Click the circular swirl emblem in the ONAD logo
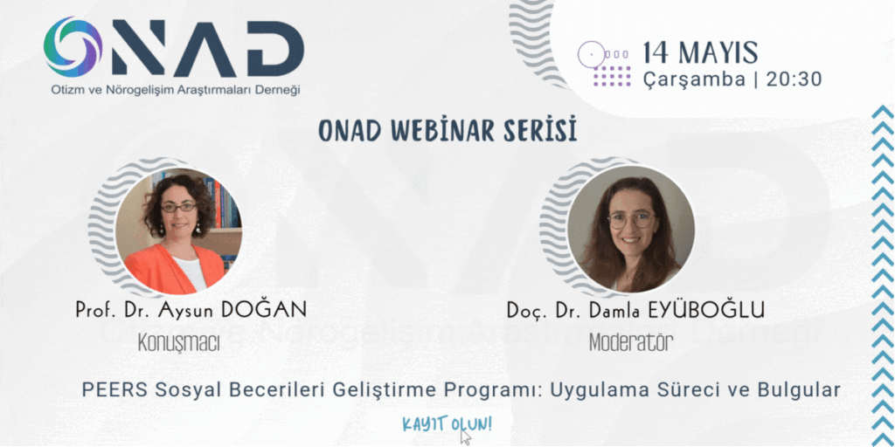coord(73,47)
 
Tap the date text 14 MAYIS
coord(700,53)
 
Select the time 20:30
coord(794,79)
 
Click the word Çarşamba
coord(694,80)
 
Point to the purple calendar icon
coord(604,63)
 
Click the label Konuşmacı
coord(178,342)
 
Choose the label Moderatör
coord(631,342)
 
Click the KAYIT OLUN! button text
coord(447,424)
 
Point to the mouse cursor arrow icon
coord(467,437)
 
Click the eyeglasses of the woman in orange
coord(178,208)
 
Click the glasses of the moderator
coord(631,219)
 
